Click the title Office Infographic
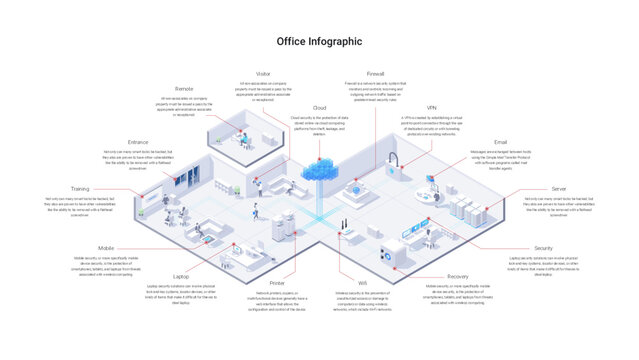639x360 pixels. tap(319, 42)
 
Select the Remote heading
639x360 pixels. tap(184, 89)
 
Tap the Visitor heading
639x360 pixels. tap(264, 73)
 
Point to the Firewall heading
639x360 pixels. tap(376, 73)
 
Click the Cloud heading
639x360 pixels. tap(320, 107)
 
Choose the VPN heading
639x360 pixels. tap(432, 107)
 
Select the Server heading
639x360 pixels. tap(559, 188)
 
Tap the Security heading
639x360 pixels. tap(543, 247)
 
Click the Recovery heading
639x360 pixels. tap(457, 275)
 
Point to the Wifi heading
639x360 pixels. tap(349, 283)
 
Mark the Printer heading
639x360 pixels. tap(277, 283)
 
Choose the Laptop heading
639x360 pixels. tap(181, 275)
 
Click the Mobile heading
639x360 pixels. tap(106, 247)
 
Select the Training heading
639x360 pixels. tap(79, 188)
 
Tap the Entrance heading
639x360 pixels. tap(138, 143)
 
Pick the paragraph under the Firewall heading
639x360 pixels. tap(376, 90)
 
